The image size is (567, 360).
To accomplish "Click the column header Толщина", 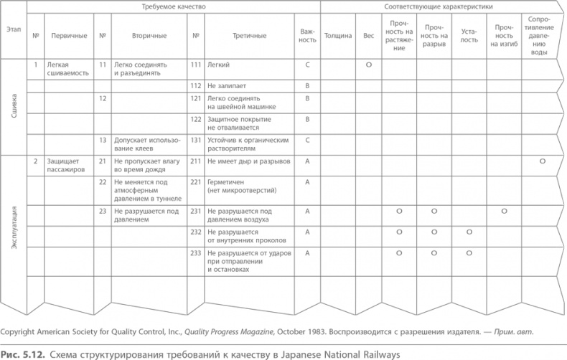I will point(338,34).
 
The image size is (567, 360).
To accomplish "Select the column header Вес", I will point(368,34).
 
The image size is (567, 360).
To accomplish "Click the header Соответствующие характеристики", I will point(439,6).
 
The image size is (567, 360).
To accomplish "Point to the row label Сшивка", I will point(14,107).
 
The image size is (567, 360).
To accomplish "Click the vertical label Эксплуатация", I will point(14,228).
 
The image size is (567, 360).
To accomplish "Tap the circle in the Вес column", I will point(368,65).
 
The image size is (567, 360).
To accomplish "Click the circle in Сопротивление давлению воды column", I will point(543,161).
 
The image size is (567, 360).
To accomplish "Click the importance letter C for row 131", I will point(306,140).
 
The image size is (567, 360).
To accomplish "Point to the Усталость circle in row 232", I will point(469,232).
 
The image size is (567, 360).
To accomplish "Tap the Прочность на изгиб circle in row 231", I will point(504,211).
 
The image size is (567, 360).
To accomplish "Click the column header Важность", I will point(307,34).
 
